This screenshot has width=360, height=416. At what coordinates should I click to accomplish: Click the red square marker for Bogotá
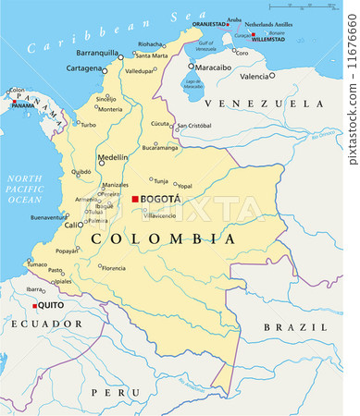point(135,199)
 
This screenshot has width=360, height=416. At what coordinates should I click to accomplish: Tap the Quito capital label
point(51,305)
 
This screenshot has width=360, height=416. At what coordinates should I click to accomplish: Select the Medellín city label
point(112,157)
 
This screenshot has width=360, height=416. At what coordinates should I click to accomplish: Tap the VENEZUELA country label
point(266,104)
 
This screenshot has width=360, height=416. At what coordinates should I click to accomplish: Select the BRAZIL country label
point(295,327)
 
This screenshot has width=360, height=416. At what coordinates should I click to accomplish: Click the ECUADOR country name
point(47,324)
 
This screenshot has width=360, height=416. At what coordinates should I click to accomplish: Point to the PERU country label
point(122,392)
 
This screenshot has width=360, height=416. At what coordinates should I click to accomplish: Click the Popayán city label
point(66,251)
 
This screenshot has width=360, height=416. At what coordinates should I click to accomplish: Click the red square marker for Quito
point(34,305)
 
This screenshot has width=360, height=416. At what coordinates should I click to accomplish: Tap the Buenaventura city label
point(48,217)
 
